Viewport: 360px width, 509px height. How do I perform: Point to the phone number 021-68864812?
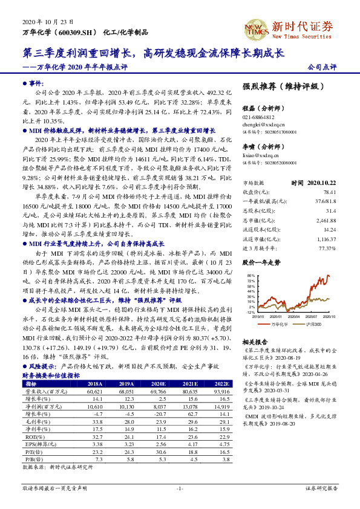258,117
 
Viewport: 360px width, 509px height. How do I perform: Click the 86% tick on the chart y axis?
250,275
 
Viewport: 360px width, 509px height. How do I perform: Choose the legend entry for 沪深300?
313,324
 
